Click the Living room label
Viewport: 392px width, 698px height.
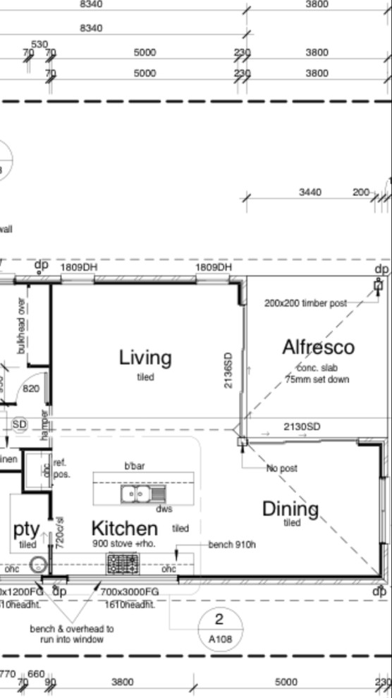coord(145,357)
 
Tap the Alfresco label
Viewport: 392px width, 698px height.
coord(318,347)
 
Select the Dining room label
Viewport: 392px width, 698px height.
coord(290,508)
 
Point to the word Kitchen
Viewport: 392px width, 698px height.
coord(124,527)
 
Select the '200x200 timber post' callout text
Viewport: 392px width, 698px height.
coord(305,303)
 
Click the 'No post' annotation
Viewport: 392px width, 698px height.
coord(281,469)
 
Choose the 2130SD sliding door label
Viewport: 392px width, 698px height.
coord(302,427)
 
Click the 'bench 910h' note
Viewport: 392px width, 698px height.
coord(232,545)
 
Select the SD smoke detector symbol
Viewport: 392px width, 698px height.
coord(20,424)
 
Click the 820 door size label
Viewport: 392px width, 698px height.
coord(30,388)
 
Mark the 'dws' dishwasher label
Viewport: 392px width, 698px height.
coord(164,509)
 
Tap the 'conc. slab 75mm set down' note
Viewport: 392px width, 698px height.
coord(318,373)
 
